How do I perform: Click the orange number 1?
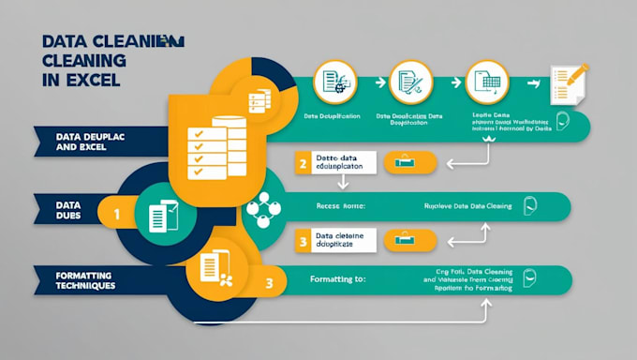[x=117, y=214]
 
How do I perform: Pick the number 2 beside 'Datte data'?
[x=303, y=164]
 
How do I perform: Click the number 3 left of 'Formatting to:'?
[x=270, y=282]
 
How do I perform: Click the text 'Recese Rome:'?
[x=343, y=204]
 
